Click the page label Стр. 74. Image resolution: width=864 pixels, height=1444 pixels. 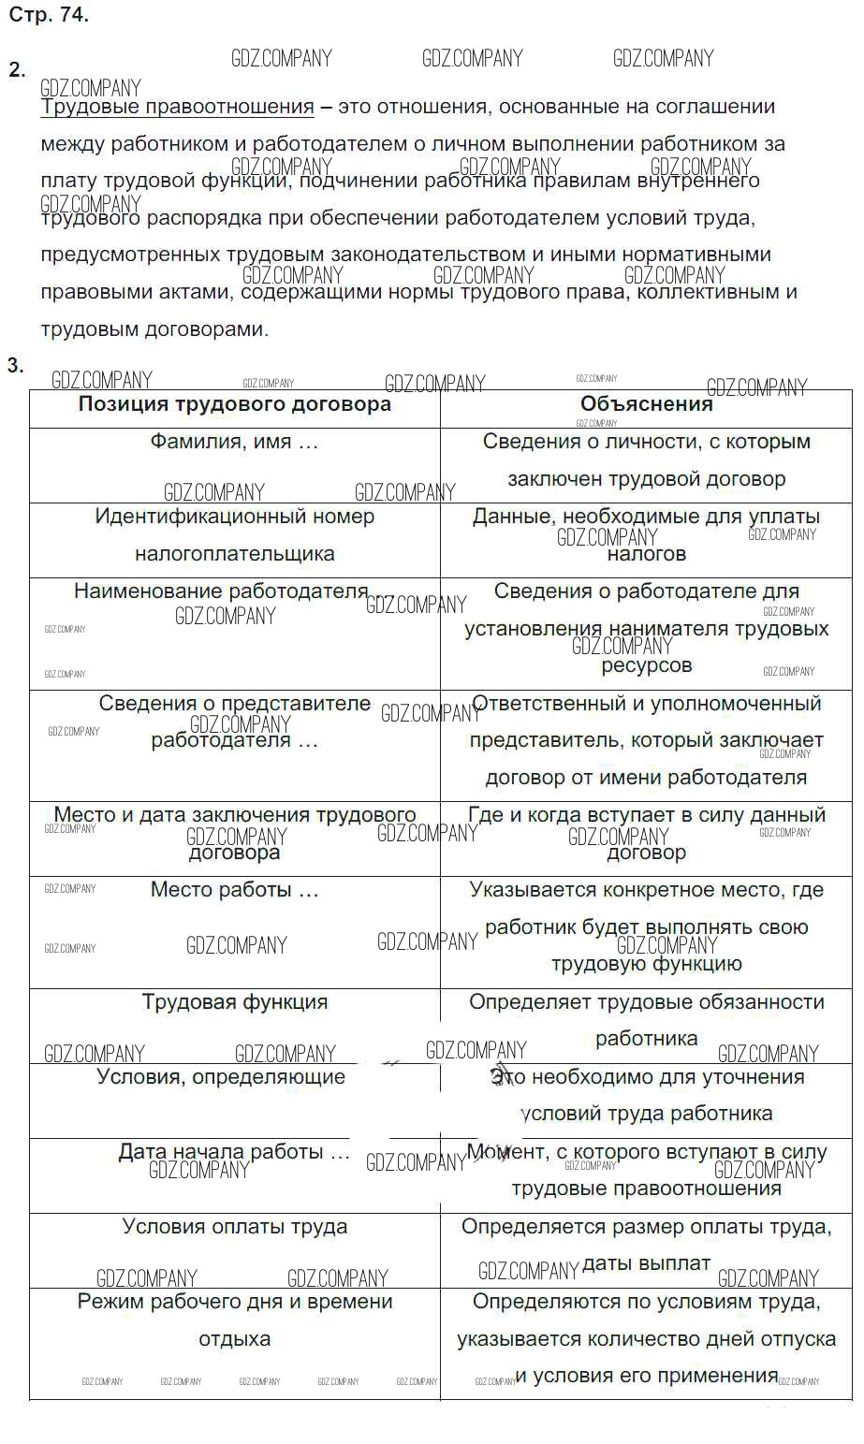click(x=49, y=15)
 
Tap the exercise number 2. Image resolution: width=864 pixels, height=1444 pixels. click(x=17, y=69)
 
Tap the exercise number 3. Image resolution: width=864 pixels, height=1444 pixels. click(x=15, y=365)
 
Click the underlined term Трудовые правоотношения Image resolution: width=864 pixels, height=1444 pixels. click(x=177, y=107)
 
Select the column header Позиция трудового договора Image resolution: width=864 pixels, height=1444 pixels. click(x=234, y=404)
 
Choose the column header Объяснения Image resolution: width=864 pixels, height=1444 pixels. click(x=646, y=404)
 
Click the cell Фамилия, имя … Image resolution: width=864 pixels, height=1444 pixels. click(x=234, y=442)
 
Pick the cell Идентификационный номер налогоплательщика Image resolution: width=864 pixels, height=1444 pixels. click(x=234, y=535)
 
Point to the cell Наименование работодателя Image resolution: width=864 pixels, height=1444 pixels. click(x=221, y=591)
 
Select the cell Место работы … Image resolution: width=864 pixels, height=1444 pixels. click(x=234, y=890)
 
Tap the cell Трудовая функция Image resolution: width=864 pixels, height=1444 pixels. click(x=234, y=1002)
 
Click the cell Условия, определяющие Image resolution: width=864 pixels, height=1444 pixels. click(x=221, y=1077)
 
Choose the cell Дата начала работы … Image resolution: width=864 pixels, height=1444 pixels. click(x=234, y=1152)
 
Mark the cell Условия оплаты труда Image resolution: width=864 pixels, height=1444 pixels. click(x=234, y=1227)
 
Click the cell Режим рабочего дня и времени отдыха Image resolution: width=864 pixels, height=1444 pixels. click(x=234, y=1320)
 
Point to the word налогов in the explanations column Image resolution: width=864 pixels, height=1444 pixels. click(x=646, y=554)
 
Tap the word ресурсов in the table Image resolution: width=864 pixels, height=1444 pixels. click(x=646, y=666)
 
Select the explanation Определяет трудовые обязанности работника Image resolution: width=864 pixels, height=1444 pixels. click(x=646, y=1020)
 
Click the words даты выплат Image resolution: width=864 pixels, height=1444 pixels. click(x=646, y=1263)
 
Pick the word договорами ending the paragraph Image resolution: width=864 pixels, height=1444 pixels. click(x=213, y=329)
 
